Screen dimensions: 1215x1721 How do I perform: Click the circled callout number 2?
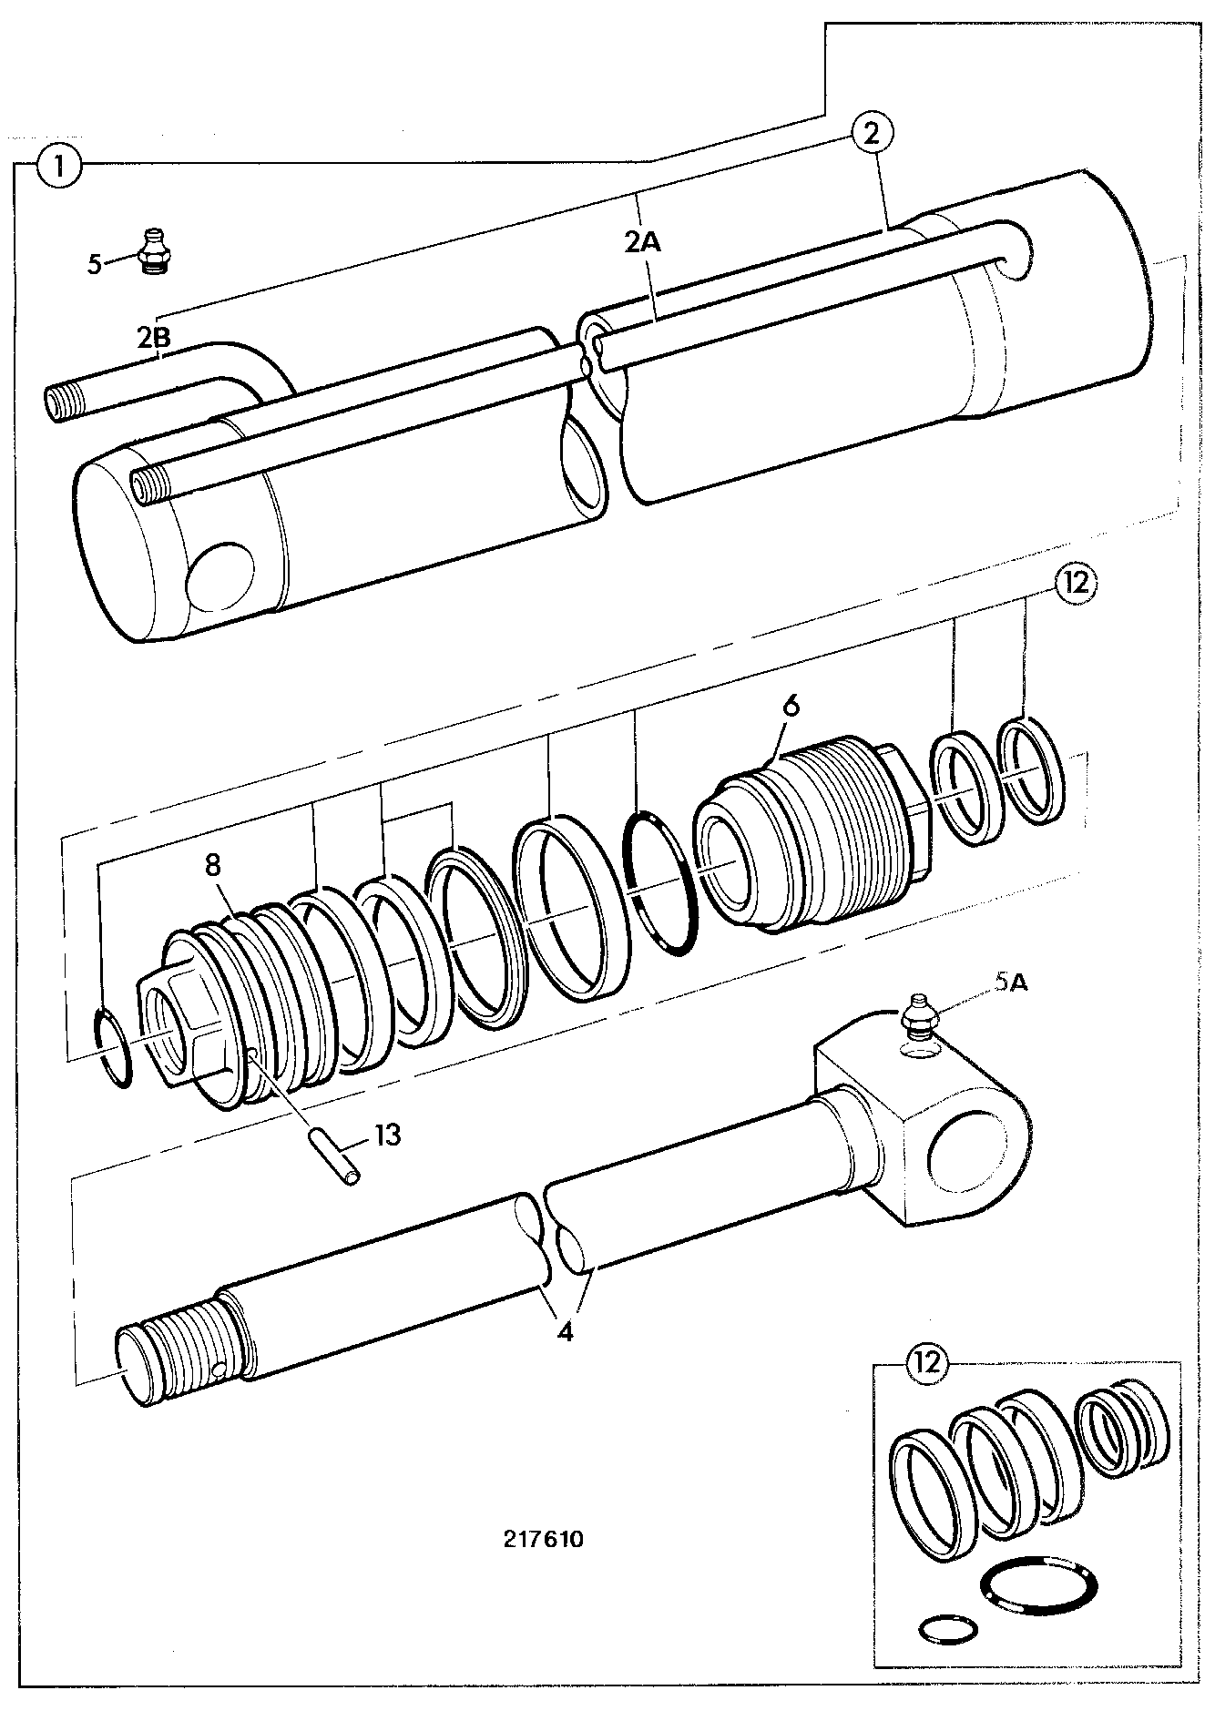872,135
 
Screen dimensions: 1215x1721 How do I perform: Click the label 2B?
153,338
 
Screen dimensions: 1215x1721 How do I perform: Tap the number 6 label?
790,706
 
